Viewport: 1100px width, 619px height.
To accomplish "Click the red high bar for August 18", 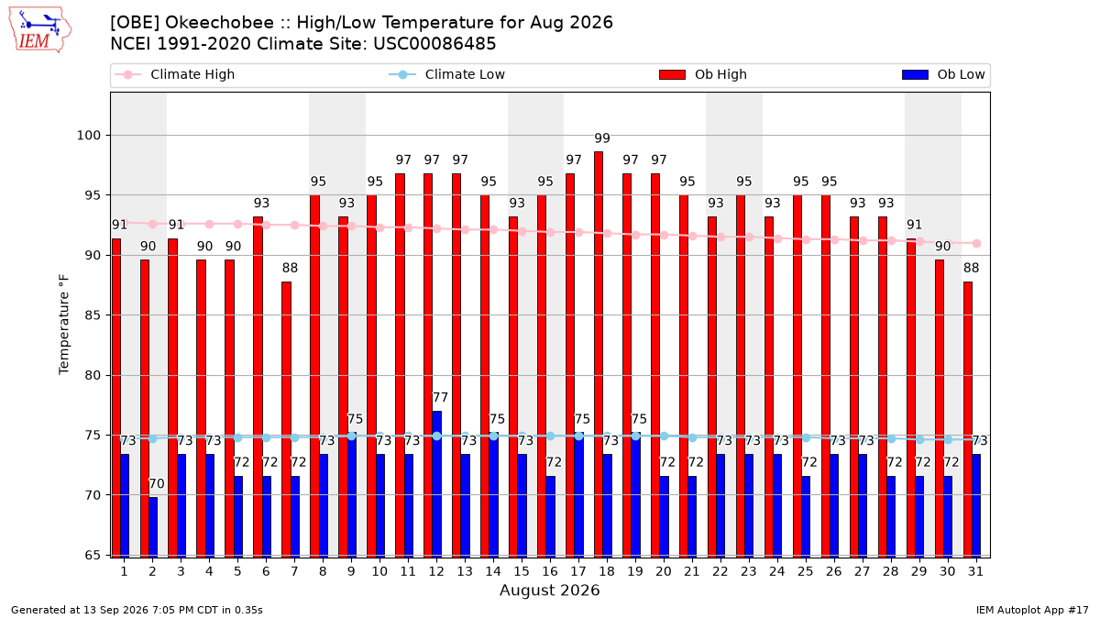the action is [x=599, y=354].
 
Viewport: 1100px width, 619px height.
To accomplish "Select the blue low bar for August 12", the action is [x=436, y=484].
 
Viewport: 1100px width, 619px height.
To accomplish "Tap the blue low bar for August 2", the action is [x=153, y=527].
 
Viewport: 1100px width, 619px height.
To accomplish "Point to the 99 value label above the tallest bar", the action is [x=602, y=138].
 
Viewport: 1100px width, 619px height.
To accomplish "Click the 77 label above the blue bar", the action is [x=440, y=397].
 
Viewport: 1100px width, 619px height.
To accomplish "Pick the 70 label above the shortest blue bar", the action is [x=156, y=484].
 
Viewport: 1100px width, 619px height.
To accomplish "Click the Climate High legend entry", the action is [x=175, y=74].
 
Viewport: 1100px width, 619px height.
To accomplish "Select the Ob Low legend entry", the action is [x=943, y=74].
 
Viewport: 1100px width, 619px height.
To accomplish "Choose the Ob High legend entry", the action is [x=703, y=74].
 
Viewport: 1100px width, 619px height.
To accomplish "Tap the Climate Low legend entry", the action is [x=447, y=74].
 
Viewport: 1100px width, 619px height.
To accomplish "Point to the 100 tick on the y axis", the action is [x=88, y=135].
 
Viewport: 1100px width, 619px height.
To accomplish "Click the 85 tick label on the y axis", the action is [x=93, y=315].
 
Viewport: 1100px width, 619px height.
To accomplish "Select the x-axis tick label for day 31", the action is [x=975, y=571].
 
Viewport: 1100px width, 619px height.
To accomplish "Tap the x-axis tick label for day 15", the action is [x=522, y=571].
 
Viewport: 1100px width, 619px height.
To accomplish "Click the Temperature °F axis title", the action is [x=64, y=325].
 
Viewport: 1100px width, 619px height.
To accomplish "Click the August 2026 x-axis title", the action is [x=549, y=590].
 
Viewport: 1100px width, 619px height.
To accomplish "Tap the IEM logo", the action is [x=39, y=29].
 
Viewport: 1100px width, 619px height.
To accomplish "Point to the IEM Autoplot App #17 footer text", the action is [x=1032, y=610].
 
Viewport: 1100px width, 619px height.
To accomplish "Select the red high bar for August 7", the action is [x=286, y=420].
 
